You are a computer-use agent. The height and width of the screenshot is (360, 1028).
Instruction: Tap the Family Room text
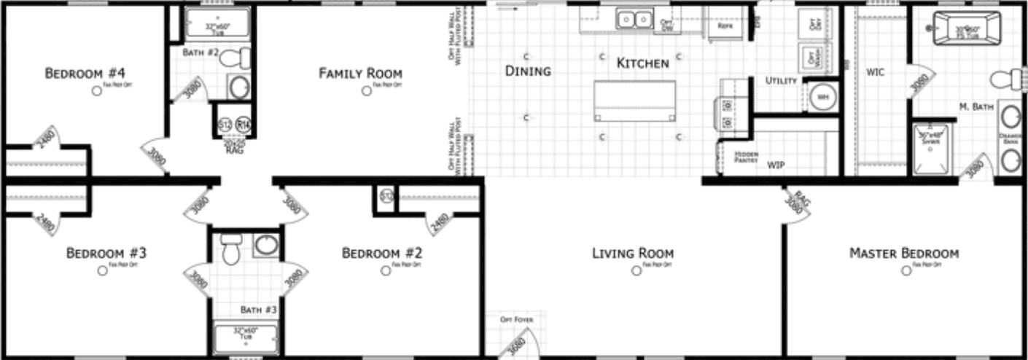[x=360, y=74]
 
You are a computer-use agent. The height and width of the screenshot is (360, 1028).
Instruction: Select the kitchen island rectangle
[x=634, y=101]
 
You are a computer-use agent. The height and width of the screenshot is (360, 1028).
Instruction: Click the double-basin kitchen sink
[x=634, y=20]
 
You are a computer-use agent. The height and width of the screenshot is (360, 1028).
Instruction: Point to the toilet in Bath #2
[x=235, y=58]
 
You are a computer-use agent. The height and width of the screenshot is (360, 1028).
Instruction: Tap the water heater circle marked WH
[x=822, y=95]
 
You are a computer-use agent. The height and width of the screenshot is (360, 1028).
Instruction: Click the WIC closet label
[x=875, y=73]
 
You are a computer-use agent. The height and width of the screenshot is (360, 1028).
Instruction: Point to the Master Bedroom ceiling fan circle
[x=906, y=270]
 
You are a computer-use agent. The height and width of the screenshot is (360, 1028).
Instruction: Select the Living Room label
[x=632, y=254]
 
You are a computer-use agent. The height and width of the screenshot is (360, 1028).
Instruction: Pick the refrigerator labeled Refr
[x=724, y=25]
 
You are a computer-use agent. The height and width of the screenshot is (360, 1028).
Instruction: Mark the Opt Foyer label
[x=510, y=320]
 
